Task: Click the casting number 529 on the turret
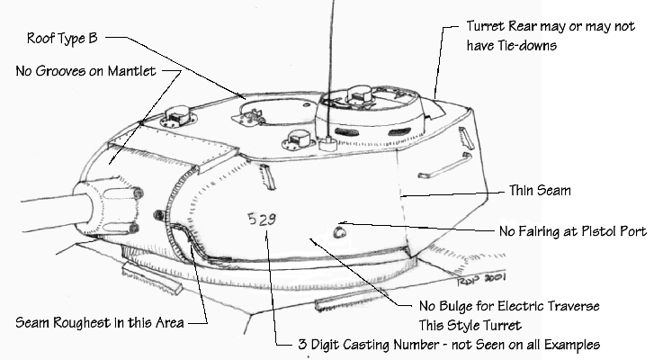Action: [262, 219]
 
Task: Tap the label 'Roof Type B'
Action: [62, 38]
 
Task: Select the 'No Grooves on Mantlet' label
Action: [85, 70]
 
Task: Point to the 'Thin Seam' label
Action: [540, 191]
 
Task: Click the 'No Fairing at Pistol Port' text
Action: [573, 231]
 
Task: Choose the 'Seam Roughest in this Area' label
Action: [100, 323]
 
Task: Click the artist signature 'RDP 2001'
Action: [481, 279]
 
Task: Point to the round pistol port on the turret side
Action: [339, 232]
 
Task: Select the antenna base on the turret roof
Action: [327, 144]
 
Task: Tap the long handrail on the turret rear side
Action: [444, 166]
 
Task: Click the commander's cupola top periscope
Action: [359, 95]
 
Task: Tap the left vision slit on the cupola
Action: [346, 131]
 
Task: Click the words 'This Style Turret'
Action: [470, 325]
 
